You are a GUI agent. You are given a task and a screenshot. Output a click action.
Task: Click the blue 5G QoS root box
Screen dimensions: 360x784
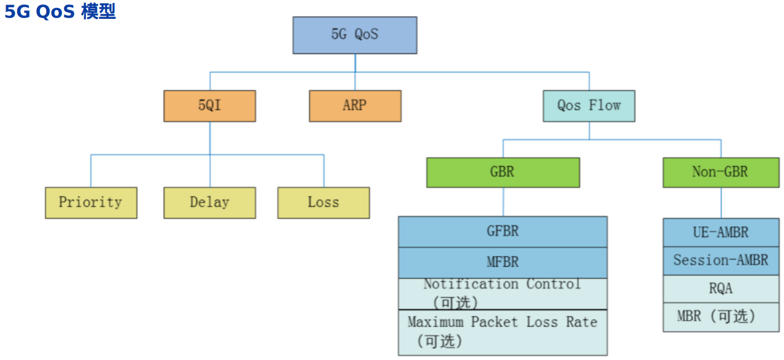coord(355,35)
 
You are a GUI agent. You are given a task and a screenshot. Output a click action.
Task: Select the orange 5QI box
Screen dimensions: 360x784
coord(210,106)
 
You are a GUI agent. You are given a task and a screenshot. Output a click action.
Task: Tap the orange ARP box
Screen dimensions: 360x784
coord(355,106)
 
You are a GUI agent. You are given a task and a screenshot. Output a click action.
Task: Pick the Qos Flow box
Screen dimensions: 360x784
coord(589,106)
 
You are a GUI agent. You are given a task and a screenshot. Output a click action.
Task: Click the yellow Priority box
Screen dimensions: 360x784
coord(91,202)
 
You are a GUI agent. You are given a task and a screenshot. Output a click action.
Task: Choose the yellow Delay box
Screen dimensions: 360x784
coord(210,202)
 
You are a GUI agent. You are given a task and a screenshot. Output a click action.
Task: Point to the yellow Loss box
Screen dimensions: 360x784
coord(323,202)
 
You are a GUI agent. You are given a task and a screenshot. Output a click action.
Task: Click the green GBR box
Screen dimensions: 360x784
coord(503,173)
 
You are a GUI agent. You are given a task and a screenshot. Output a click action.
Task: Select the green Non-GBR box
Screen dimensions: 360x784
coord(721,173)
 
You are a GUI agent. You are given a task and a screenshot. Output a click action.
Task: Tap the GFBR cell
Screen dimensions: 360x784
coord(503,232)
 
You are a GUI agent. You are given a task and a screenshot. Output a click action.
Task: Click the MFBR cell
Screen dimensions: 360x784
coord(503,262)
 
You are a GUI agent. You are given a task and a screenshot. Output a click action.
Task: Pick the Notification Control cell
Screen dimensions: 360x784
coord(503,293)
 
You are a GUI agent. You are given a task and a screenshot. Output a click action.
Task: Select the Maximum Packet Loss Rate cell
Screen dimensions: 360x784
coord(503,332)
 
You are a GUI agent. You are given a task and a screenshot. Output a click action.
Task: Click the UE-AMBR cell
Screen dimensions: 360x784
coord(721,232)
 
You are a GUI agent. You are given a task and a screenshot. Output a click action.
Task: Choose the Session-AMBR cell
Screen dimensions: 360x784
coord(721,261)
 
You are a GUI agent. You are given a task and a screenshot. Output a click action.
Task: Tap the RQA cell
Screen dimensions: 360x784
coord(721,289)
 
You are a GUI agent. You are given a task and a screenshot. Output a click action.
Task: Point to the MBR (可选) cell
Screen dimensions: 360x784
coord(721,317)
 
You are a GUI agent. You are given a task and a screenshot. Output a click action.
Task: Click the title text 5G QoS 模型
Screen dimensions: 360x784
coord(60,11)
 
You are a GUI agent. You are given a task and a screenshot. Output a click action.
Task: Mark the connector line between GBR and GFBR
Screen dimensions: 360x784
coord(503,202)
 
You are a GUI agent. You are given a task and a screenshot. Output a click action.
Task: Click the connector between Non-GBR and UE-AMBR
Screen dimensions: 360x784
coord(721,202)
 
